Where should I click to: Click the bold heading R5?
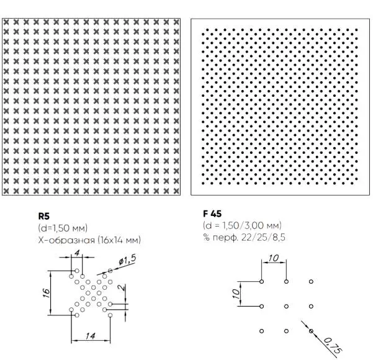point(44,216)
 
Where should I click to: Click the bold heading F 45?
point(212,214)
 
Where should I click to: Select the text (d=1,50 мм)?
point(63,228)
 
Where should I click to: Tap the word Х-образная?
point(66,240)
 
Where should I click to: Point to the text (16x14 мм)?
point(119,240)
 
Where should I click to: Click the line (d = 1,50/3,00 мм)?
point(242,225)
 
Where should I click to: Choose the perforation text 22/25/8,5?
point(263,237)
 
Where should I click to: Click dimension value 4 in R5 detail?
point(77,253)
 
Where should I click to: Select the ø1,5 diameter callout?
point(127,260)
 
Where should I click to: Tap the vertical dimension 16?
point(46,293)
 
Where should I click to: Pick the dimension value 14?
point(91,336)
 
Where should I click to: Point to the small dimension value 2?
point(122,287)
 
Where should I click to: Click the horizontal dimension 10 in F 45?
point(273,258)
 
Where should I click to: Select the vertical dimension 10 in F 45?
point(236,294)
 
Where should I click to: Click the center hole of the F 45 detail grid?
point(286,306)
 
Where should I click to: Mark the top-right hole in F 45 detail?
point(311,281)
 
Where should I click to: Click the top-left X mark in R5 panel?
point(6,22)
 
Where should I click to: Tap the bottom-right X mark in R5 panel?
point(176,191)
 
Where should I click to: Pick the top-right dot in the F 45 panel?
point(356,30)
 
